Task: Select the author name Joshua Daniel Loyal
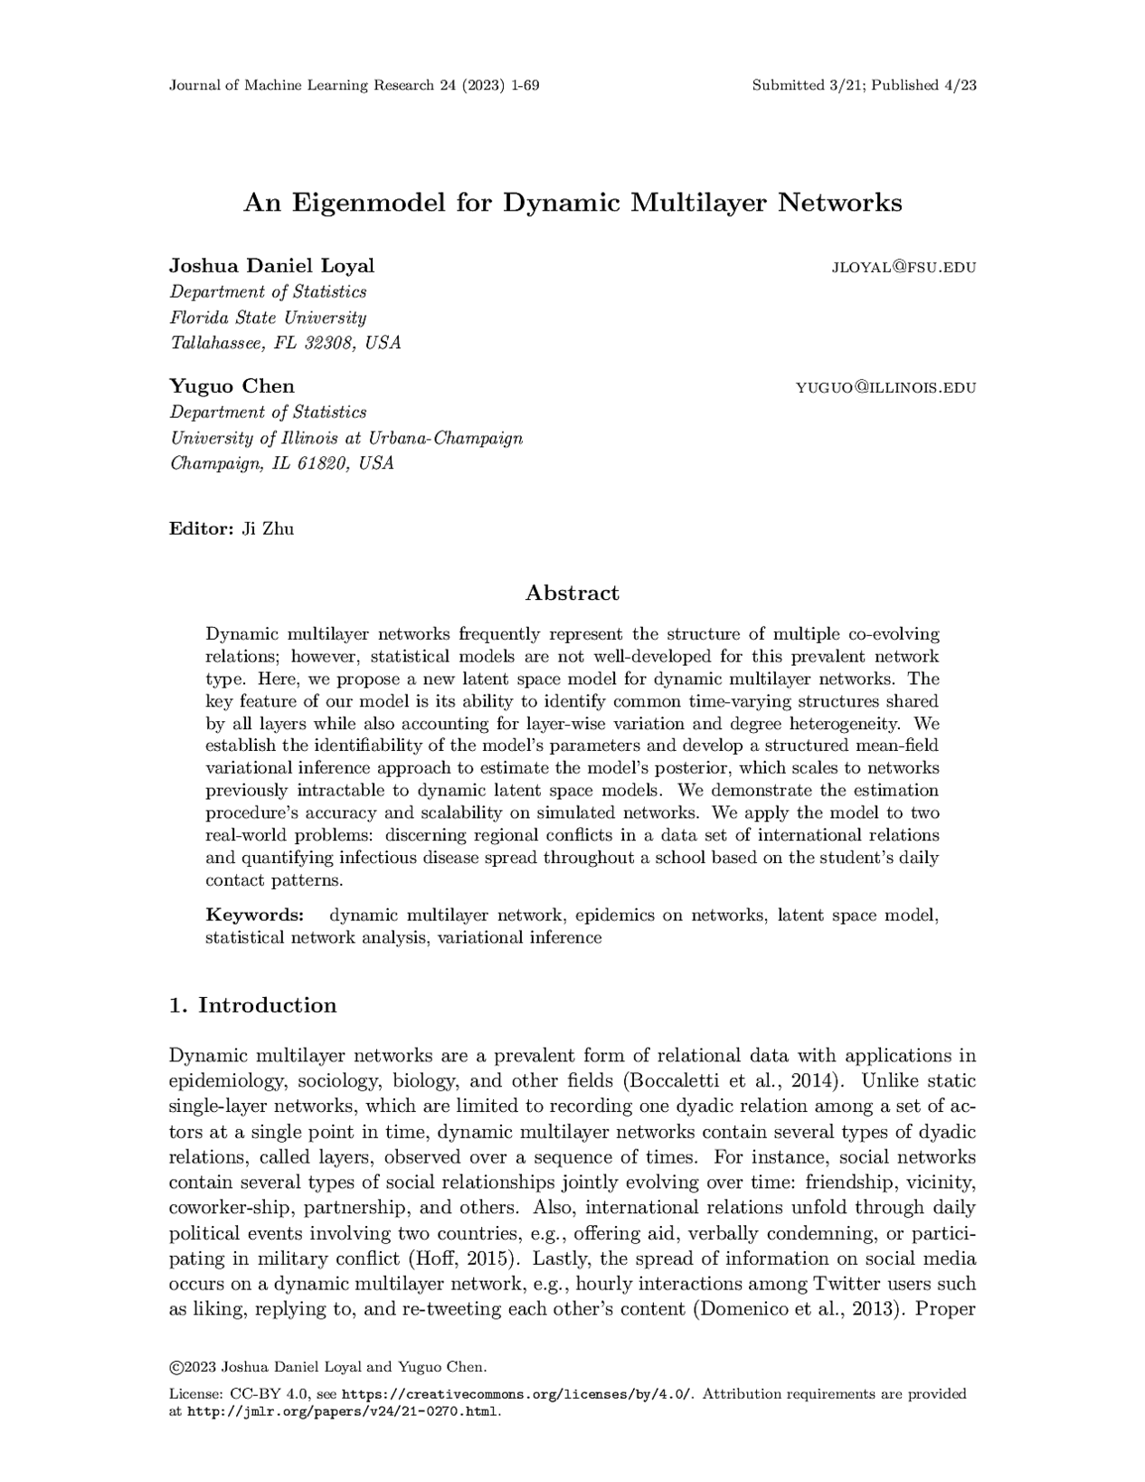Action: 271,266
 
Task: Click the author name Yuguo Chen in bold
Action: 232,386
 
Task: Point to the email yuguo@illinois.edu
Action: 885,388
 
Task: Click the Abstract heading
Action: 572,594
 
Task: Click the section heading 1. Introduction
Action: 252,1005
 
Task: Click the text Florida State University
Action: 269,318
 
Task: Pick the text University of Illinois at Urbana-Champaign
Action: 346,438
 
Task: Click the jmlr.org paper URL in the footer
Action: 343,1411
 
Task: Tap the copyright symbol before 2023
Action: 175,1366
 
